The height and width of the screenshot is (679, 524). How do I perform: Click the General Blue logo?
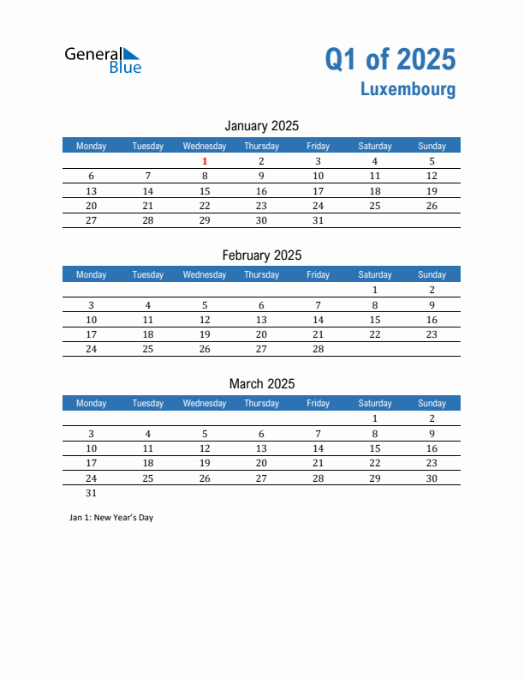(x=103, y=59)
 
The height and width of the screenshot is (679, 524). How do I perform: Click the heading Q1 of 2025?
(x=390, y=59)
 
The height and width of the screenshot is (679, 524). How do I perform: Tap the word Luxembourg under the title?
(x=408, y=89)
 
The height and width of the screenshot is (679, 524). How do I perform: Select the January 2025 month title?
(x=261, y=126)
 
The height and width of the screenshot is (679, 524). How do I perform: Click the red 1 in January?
(x=205, y=161)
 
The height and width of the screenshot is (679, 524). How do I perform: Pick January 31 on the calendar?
(x=318, y=220)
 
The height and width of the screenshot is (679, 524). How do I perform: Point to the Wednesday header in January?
(x=205, y=146)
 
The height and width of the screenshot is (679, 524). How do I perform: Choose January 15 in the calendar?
(x=205, y=191)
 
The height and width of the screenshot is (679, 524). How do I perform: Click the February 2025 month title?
(x=261, y=255)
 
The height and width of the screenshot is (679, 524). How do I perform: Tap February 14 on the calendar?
(x=318, y=320)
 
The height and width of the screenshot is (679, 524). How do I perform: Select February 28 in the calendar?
(x=318, y=349)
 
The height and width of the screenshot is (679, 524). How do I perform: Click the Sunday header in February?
(x=432, y=274)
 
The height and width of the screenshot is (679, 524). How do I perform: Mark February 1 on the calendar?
(x=375, y=290)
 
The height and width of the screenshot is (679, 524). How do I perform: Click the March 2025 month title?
(x=261, y=383)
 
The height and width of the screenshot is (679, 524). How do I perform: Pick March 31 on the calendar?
(x=92, y=493)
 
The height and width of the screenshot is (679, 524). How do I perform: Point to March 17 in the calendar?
(x=92, y=463)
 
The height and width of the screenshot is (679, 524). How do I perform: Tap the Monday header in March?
(x=92, y=403)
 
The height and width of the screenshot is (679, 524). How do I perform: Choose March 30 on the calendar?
(x=432, y=478)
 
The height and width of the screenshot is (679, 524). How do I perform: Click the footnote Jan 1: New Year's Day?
(x=110, y=518)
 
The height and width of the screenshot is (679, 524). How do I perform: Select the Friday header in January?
(x=318, y=146)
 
